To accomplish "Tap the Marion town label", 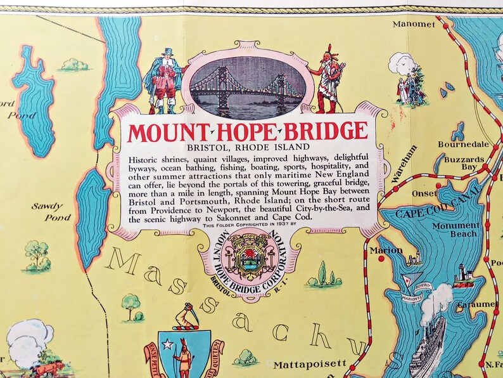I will click(390, 250).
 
